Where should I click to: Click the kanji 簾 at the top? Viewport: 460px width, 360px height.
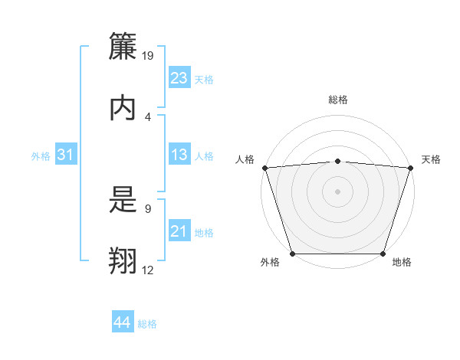[123, 47]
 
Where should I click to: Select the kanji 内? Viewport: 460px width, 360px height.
[123, 107]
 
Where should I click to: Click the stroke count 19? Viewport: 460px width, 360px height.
[149, 56]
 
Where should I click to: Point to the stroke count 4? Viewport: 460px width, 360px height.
[148, 116]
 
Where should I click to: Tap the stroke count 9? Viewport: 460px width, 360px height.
[148, 208]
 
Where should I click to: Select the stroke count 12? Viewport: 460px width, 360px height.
[148, 270]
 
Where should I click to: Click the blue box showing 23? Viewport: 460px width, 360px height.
[179, 77]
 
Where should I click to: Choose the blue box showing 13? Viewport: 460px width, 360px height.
[179, 155]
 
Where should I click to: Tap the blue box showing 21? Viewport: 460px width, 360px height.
[179, 231]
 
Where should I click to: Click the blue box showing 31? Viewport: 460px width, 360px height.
[66, 155]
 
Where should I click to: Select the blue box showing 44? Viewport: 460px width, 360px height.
[123, 322]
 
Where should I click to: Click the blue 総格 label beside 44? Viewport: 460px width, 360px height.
[147, 324]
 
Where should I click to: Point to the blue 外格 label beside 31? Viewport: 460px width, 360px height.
[41, 156]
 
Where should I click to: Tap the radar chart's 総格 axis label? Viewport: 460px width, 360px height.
[337, 100]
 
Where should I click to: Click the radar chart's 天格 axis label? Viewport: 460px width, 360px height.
[432, 159]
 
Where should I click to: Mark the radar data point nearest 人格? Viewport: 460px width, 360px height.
[264, 168]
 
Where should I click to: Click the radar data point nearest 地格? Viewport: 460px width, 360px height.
[383, 254]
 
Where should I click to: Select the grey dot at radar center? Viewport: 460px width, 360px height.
[337, 191]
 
